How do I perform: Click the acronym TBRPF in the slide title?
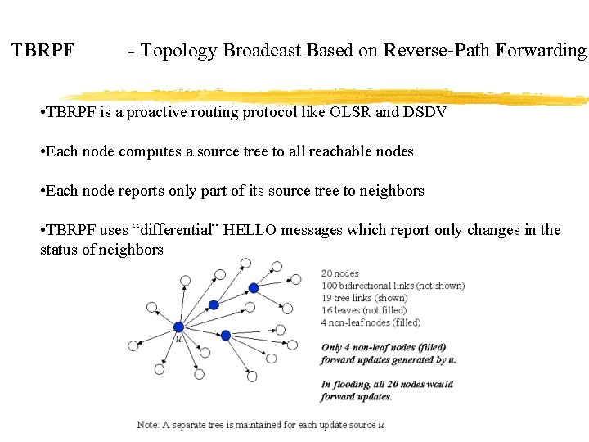pos(43,51)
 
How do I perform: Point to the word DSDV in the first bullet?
pos(425,112)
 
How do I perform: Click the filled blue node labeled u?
pos(178,327)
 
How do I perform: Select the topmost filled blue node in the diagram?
pos(254,287)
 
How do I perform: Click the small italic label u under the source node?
pos(178,338)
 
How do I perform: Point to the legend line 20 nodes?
pos(339,273)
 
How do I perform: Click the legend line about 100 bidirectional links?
pos(393,286)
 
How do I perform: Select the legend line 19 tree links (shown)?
pos(364,298)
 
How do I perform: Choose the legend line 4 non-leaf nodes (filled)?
pos(371,322)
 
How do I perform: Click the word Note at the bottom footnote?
pos(147,425)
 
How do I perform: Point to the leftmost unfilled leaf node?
pos(133,345)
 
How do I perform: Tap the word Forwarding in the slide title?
pos(546,51)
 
